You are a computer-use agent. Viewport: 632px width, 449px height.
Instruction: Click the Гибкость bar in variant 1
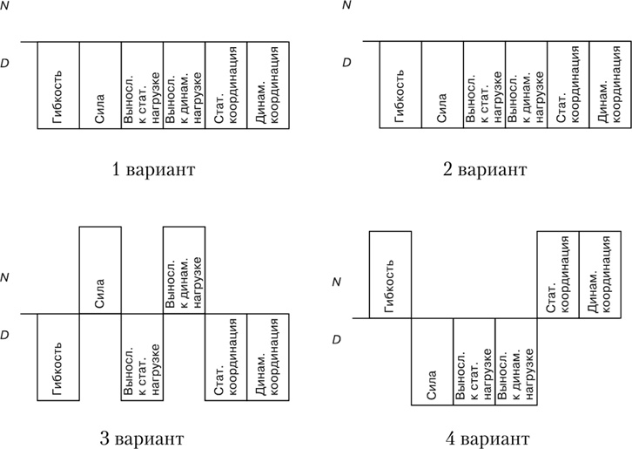click(58, 85)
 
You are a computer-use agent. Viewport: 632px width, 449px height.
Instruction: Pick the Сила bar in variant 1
click(100, 85)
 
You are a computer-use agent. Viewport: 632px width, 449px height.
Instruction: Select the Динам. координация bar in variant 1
click(267, 85)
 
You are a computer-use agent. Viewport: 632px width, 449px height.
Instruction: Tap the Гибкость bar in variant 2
click(400, 85)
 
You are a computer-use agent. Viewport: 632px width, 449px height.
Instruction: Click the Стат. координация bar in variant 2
click(568, 85)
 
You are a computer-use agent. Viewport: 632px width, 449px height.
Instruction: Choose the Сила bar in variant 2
click(442, 85)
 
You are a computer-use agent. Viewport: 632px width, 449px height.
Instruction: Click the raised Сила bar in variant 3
click(100, 270)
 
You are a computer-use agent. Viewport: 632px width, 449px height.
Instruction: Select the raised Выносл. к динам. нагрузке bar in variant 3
click(184, 270)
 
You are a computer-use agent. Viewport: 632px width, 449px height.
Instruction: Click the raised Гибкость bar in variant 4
click(390, 274)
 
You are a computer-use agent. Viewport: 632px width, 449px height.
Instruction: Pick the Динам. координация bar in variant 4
click(600, 274)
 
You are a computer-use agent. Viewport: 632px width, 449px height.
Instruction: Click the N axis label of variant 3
click(6, 278)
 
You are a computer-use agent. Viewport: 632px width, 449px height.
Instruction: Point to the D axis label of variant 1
click(6, 63)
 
